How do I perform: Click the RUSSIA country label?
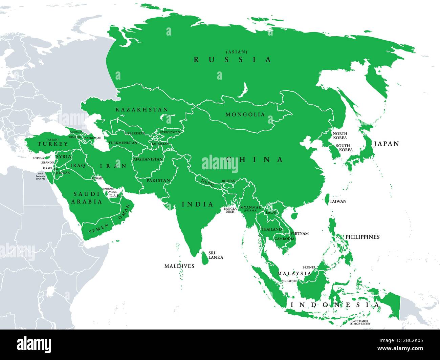pos(232,60)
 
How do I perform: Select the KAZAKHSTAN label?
pos(142,110)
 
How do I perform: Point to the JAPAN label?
pos(386,144)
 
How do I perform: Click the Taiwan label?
pos(338,202)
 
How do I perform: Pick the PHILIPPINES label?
pos(362,237)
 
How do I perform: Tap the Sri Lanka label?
pos(216,255)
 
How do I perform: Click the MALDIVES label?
pos(179,266)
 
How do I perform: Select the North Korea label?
pos(340,135)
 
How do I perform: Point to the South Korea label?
pos(344,148)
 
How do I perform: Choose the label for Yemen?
pos(98,229)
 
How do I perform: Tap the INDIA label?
pos(198,205)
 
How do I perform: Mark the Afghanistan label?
pos(148,159)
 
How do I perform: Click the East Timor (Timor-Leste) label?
pos(360,322)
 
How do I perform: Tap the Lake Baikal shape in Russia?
pos(243,90)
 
